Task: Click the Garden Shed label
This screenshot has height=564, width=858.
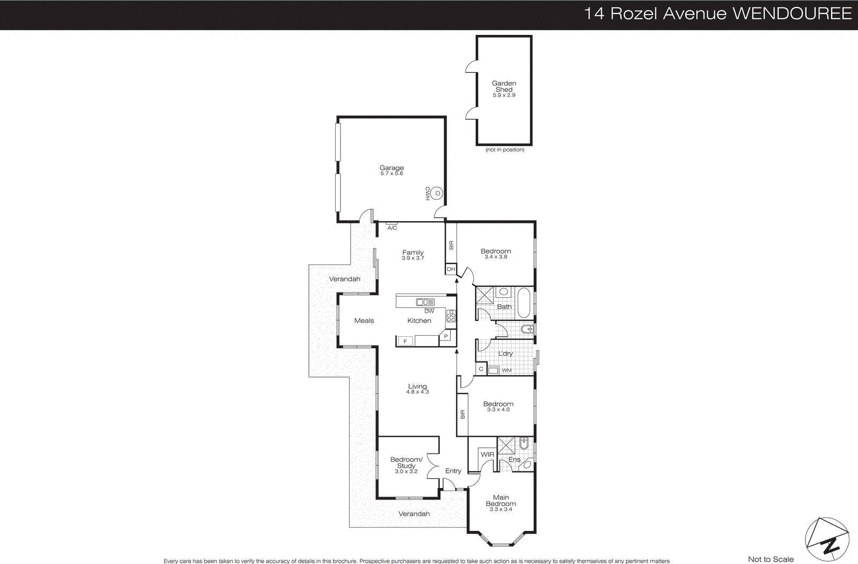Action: pyautogui.click(x=504, y=86)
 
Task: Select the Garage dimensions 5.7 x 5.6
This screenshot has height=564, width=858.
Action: pyautogui.click(x=391, y=174)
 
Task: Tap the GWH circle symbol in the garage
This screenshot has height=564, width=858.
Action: pyautogui.click(x=438, y=193)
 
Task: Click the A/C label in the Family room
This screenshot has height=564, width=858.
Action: pyautogui.click(x=392, y=228)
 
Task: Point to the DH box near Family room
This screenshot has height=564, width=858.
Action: pyautogui.click(x=451, y=269)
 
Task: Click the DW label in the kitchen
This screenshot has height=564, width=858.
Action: pyautogui.click(x=429, y=311)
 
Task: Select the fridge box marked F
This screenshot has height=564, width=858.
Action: pyautogui.click(x=405, y=341)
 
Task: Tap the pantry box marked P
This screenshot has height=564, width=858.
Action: pyautogui.click(x=446, y=336)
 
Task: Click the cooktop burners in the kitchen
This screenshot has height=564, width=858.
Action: pyautogui.click(x=452, y=316)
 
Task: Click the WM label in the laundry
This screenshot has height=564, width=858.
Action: pyautogui.click(x=506, y=370)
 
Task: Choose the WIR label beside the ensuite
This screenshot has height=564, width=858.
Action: pyautogui.click(x=487, y=454)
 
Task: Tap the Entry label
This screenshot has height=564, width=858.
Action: pyautogui.click(x=453, y=471)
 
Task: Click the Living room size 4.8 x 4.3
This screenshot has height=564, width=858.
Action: pyautogui.click(x=417, y=392)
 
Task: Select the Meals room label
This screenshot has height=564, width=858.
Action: pyautogui.click(x=364, y=320)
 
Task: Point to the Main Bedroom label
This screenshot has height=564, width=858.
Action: pyautogui.click(x=501, y=500)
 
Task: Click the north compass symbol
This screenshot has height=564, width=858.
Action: pyautogui.click(x=827, y=539)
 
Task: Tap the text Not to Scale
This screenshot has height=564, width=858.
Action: pyautogui.click(x=771, y=559)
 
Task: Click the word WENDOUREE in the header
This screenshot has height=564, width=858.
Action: pyautogui.click(x=792, y=13)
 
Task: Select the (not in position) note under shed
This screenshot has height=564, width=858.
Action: pyautogui.click(x=505, y=150)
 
